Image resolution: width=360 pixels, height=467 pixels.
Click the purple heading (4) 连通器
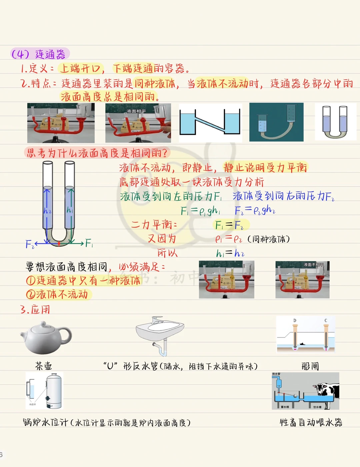39,54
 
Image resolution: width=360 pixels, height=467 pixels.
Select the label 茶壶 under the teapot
44,366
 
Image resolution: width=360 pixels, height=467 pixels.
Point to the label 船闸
310,366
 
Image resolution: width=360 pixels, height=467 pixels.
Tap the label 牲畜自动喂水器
311,423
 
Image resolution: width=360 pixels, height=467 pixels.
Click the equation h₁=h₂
230,253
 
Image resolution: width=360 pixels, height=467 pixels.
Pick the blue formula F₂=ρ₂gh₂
255,210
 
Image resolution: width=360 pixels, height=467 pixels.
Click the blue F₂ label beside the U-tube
29,244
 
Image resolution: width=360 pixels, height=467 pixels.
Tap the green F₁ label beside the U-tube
89,243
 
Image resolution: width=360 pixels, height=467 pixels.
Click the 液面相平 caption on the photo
136,111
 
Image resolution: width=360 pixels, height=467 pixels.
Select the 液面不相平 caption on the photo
313,265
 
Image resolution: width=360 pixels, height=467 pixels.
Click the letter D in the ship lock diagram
295,321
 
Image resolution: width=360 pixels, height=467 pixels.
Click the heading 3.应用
35,310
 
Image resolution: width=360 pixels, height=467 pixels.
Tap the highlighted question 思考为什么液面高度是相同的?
97,153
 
